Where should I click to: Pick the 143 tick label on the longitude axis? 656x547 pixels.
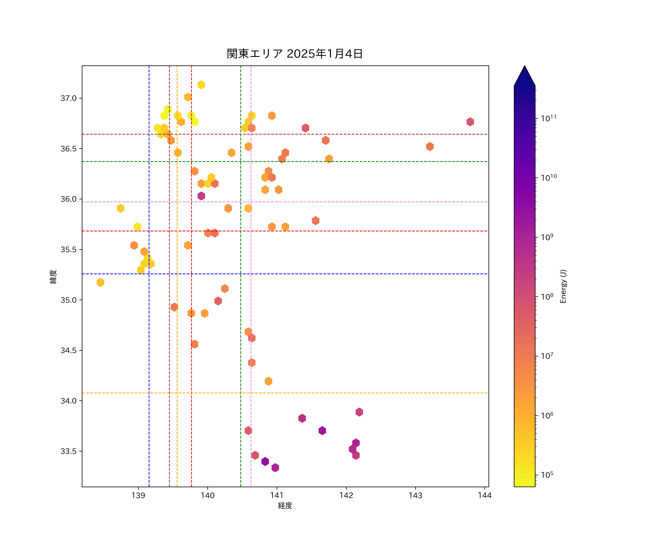point(415,495)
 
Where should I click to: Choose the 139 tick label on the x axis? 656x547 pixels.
point(138,495)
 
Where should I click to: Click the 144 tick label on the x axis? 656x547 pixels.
point(485,495)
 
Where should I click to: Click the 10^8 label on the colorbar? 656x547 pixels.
point(547,296)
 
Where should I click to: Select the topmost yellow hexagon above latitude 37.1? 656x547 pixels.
point(201,85)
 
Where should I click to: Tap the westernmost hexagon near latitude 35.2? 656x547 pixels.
point(100,282)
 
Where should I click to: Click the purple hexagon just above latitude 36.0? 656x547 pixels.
point(201,196)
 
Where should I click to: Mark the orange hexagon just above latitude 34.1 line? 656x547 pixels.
point(268,381)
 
